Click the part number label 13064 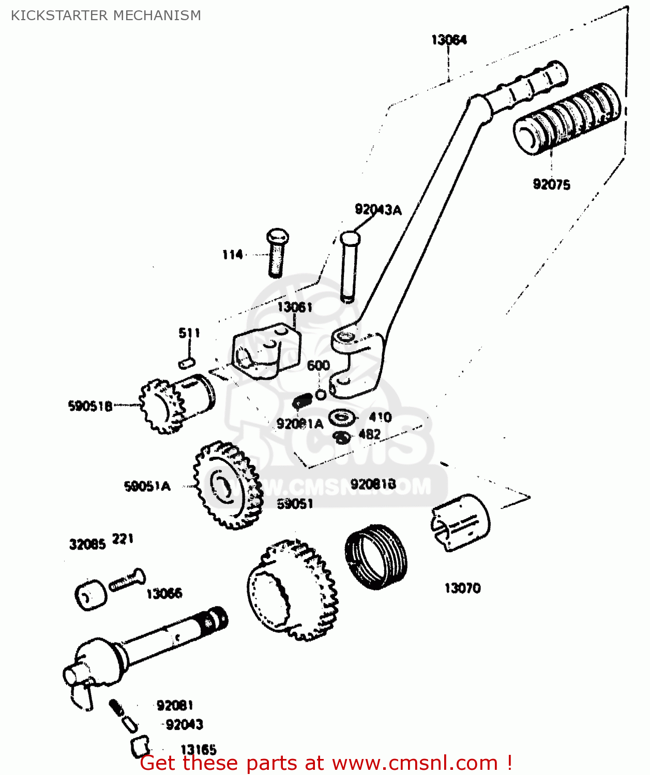click(x=449, y=40)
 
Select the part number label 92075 click(x=551, y=184)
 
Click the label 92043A click(x=378, y=210)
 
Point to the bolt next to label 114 click(x=277, y=253)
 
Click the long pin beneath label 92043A click(x=350, y=267)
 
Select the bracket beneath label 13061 click(x=265, y=352)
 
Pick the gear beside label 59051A click(x=228, y=486)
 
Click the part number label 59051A click(x=147, y=486)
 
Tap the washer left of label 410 click(x=342, y=417)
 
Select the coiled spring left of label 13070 click(x=376, y=556)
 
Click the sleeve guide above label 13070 click(x=460, y=522)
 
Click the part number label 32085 click(x=87, y=544)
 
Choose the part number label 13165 click(x=198, y=749)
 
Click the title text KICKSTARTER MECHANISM click(x=106, y=16)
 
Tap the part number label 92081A click(x=299, y=424)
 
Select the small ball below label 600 click(x=321, y=394)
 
